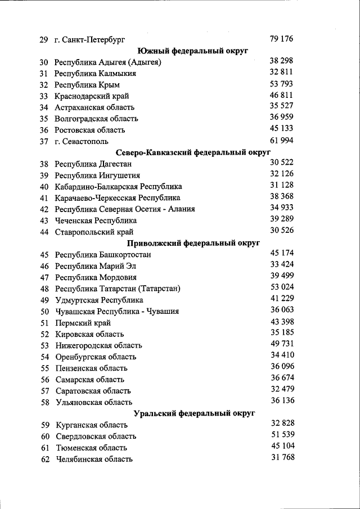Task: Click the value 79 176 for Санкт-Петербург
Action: tap(281, 39)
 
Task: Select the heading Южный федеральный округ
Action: tap(193, 51)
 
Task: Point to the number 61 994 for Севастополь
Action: tap(281, 140)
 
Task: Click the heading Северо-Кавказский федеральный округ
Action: tap(193, 152)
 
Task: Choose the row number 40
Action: tap(44, 187)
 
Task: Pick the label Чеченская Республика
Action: tap(96, 220)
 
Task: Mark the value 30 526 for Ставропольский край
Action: tap(282, 230)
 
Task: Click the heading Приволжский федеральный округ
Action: tap(193, 243)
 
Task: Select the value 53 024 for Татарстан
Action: tap(282, 287)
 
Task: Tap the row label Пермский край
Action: tap(83, 323)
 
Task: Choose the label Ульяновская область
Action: tap(94, 402)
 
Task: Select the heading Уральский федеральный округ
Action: tap(194, 413)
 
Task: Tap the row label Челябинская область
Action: tap(94, 459)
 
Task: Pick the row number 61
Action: tap(46, 448)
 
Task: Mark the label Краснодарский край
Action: tap(92, 96)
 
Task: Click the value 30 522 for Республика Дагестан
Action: tap(282, 162)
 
